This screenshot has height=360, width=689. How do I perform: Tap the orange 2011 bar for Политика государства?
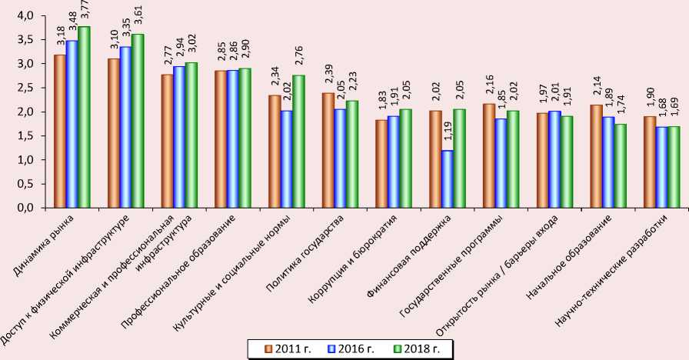click(328, 151)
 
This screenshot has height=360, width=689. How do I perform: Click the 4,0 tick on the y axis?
click(24, 16)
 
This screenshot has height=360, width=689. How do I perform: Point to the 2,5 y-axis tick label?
click(24, 88)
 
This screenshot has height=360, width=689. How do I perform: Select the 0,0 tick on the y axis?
click(24, 208)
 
